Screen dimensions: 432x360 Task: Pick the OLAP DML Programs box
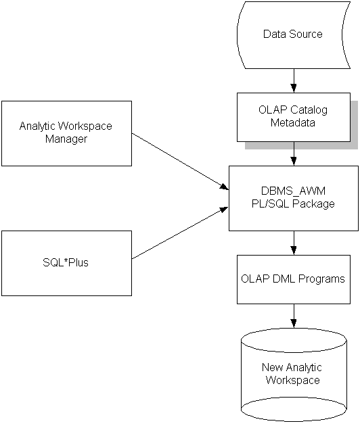click(293, 279)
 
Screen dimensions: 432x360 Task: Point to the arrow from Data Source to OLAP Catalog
click(293, 80)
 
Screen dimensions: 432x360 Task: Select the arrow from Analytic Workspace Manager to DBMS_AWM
click(179, 161)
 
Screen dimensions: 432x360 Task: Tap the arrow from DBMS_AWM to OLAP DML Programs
click(293, 242)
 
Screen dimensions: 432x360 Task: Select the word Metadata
click(293, 123)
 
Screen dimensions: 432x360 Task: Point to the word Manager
click(66, 139)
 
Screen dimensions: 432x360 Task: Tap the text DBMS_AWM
click(293, 191)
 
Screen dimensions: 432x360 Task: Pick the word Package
click(315, 203)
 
